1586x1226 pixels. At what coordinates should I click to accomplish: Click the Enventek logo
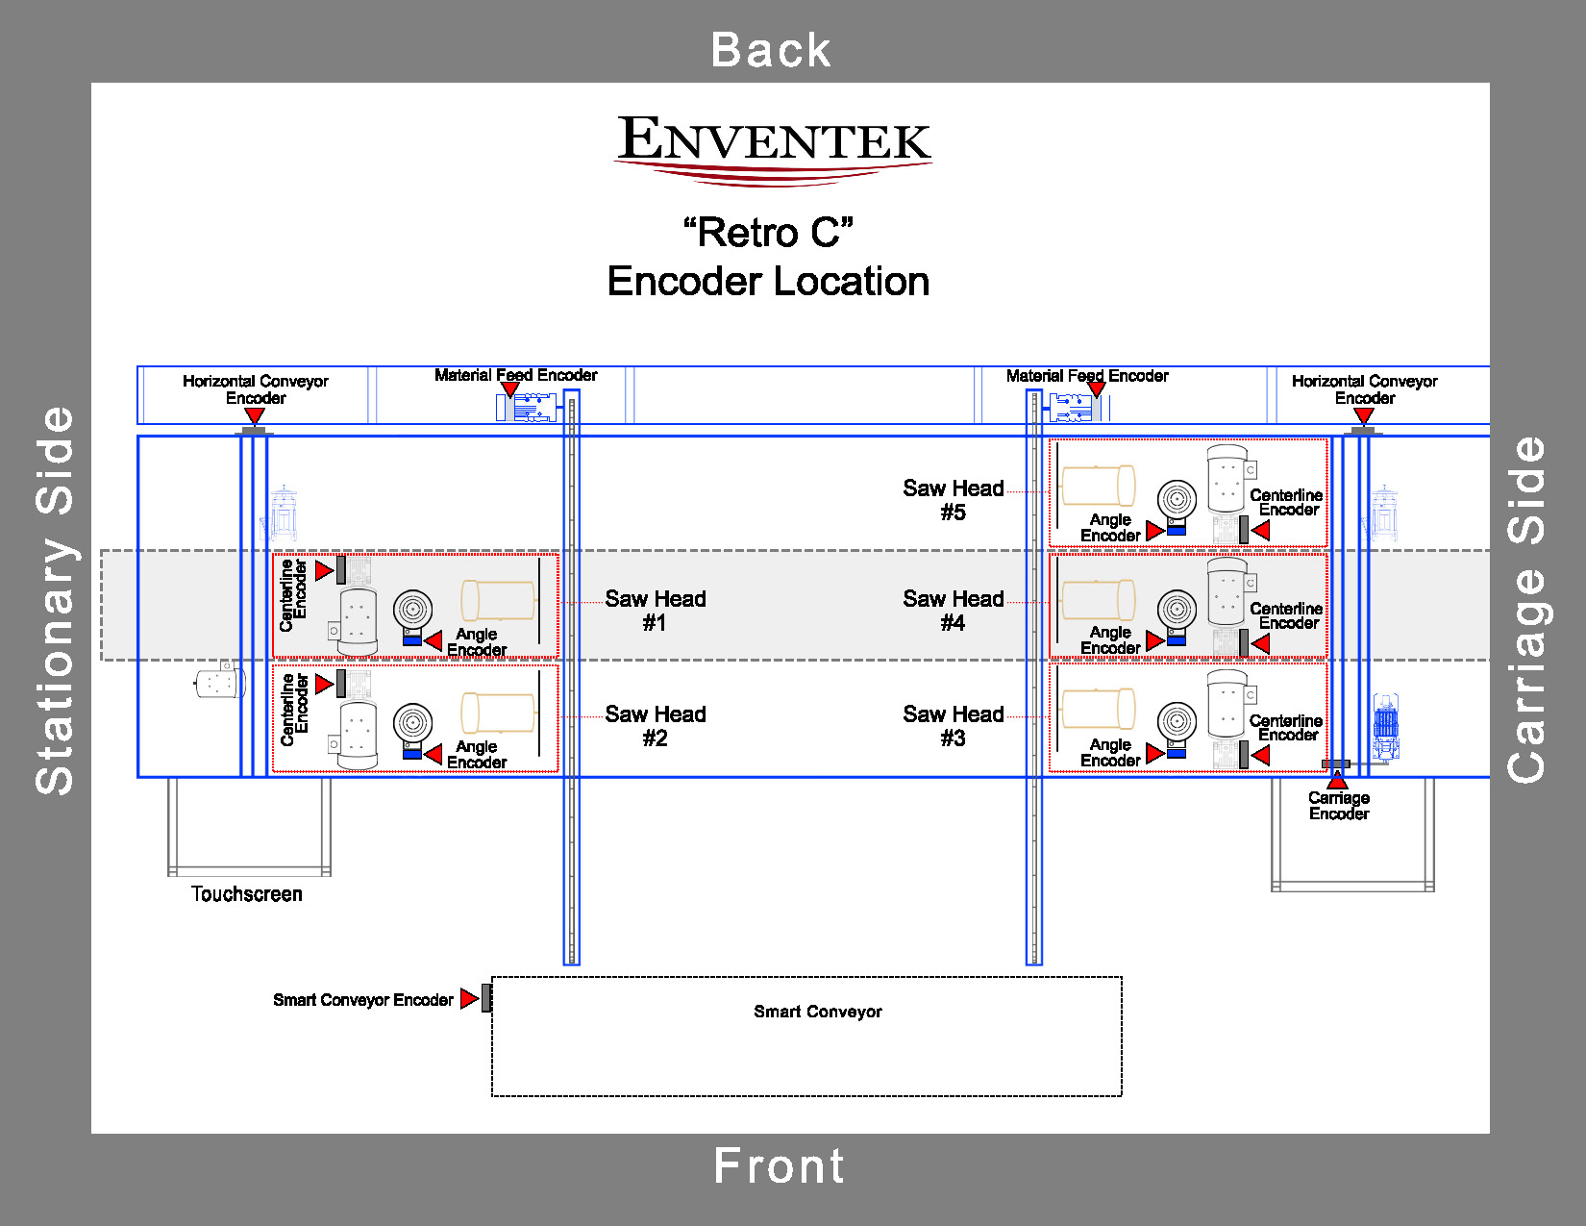coord(773,147)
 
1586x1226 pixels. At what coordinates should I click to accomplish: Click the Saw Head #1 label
coord(655,611)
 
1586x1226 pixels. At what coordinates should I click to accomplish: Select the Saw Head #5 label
coord(953,500)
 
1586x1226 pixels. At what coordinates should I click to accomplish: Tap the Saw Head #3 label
coord(953,726)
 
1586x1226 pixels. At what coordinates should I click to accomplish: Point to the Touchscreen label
coord(246,894)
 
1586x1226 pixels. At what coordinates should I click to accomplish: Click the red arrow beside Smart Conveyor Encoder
coord(468,999)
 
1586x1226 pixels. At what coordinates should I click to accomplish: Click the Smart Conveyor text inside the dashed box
coord(817,1012)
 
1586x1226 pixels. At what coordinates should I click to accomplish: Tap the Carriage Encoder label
coord(1338,806)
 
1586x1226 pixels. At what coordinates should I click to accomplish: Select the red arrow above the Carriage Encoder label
coord(1337,780)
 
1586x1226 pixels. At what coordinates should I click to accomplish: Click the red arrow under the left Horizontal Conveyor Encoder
coord(255,415)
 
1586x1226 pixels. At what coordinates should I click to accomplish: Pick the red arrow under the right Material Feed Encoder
coord(1096,389)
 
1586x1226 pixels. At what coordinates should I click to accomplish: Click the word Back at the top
coord(771,50)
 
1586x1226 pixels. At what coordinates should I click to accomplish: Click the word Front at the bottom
coord(779,1166)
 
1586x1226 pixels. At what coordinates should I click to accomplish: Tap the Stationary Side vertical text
coord(55,601)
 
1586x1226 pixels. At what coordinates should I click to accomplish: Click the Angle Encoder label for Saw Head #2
coord(477,755)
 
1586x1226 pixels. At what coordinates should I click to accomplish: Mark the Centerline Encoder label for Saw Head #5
coord(1287,502)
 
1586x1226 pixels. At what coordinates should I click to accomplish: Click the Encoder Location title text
coord(768,282)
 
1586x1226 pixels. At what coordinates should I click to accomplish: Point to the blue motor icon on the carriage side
coord(1385,726)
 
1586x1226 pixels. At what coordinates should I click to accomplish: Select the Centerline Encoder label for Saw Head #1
coord(293,595)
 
